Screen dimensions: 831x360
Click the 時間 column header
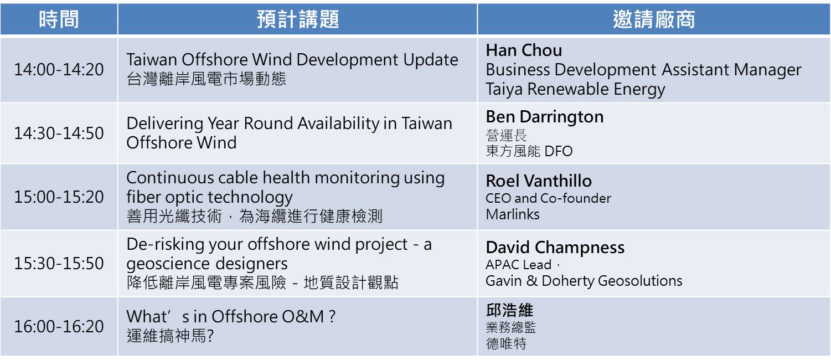(x=59, y=19)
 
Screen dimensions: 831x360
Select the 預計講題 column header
(x=298, y=19)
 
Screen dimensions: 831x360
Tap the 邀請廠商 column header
(x=654, y=19)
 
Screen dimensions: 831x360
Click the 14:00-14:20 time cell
(x=59, y=70)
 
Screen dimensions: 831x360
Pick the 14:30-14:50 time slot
(x=59, y=133)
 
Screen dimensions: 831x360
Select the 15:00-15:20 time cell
(x=59, y=197)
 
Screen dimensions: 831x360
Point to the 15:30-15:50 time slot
(x=59, y=264)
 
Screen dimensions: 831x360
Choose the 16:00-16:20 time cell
(x=59, y=327)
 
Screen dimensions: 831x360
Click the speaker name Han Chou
(x=524, y=50)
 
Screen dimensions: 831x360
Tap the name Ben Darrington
(x=545, y=117)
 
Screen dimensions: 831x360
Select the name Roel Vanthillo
(x=539, y=181)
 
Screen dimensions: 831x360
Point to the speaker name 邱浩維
(x=509, y=310)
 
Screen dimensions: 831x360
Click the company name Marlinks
(x=513, y=214)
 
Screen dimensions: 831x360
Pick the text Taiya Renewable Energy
(x=575, y=89)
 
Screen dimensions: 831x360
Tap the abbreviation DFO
(x=559, y=151)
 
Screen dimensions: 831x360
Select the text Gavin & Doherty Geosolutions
(x=584, y=281)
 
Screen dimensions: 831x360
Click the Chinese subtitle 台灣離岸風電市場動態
(x=207, y=79)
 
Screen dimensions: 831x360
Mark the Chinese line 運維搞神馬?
(x=171, y=336)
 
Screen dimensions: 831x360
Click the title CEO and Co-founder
(x=548, y=199)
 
